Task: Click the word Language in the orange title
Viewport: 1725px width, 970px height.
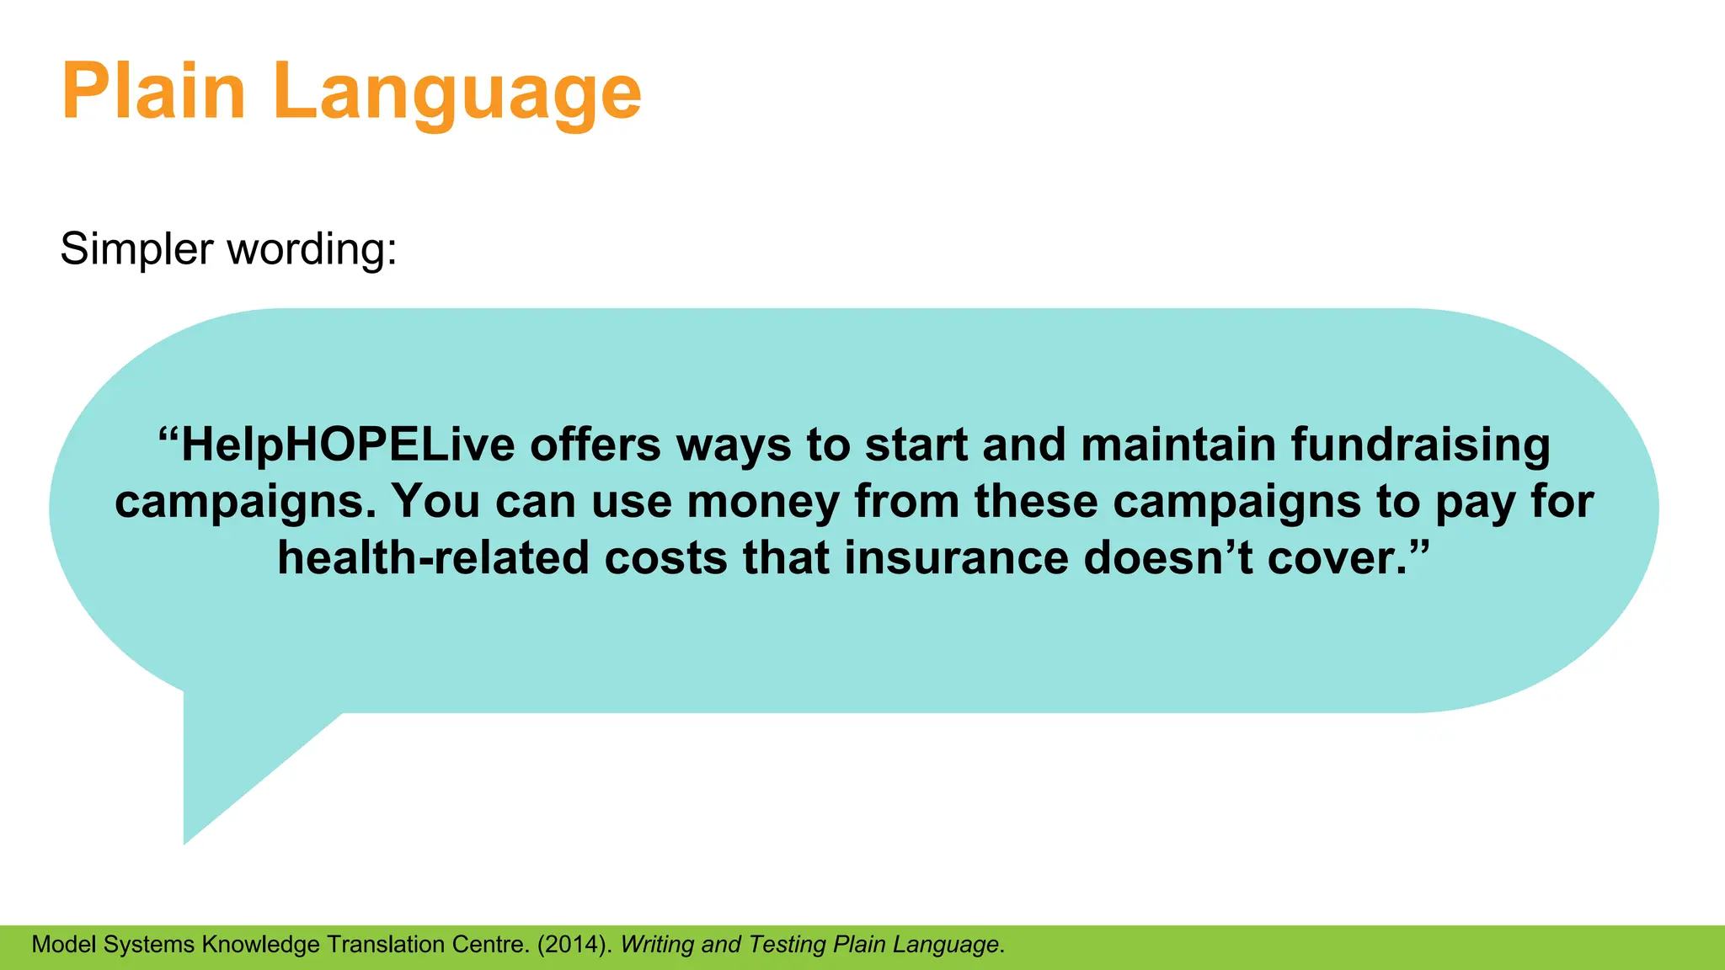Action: pos(457,93)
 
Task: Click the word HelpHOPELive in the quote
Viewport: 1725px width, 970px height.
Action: pos(347,445)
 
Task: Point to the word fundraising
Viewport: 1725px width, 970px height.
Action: pos(1420,445)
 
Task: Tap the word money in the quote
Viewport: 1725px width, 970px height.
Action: pos(763,502)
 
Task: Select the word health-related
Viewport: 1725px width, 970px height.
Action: pos(433,558)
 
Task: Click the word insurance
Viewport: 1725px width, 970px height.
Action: pos(956,558)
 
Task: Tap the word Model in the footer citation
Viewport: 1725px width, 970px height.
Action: pos(64,945)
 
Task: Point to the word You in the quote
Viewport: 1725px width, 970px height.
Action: pos(435,502)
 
